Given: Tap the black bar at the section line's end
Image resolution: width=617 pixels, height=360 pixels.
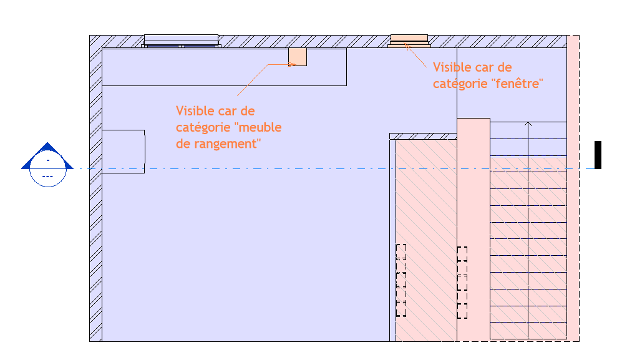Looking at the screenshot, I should pos(598,155).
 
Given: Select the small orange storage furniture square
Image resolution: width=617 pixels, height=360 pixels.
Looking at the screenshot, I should pos(298,57).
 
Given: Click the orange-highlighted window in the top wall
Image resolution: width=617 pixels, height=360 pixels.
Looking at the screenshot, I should pos(409,41).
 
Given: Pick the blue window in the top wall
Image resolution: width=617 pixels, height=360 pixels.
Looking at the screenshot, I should pos(181,41).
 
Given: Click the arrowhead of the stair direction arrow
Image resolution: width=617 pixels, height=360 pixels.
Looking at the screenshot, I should pos(528,124).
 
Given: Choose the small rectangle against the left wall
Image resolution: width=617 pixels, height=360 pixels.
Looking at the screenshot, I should pos(123,151).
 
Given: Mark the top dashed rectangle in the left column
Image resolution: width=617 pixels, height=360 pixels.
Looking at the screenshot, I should pos(401,251).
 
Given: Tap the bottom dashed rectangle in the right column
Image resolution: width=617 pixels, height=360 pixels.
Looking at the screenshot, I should pos(462,309).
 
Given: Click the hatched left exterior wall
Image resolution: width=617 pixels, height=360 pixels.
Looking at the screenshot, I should pos(95,187).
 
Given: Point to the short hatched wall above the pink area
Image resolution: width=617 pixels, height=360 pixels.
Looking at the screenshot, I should pos(423,136).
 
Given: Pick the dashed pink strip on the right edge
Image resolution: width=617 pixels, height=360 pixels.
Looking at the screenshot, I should pos(573,187).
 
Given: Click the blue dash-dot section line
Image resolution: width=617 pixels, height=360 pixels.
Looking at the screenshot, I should pos(250,169).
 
